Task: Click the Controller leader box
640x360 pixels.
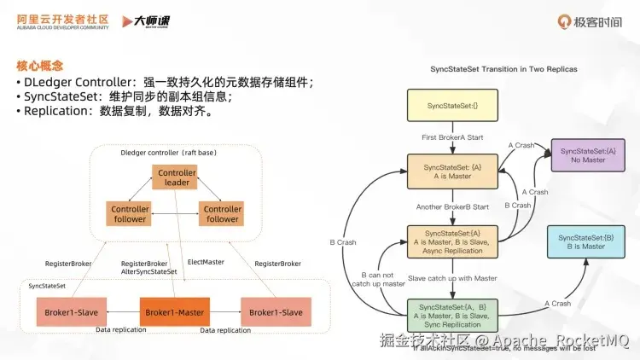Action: pyautogui.click(x=177, y=177)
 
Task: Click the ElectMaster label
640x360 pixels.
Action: pyautogui.click(x=205, y=263)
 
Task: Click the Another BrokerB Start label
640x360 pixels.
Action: pyautogui.click(x=452, y=206)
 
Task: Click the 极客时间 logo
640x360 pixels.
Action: pyautogui.click(x=589, y=20)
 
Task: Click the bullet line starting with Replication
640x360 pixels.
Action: pyautogui.click(x=114, y=111)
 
